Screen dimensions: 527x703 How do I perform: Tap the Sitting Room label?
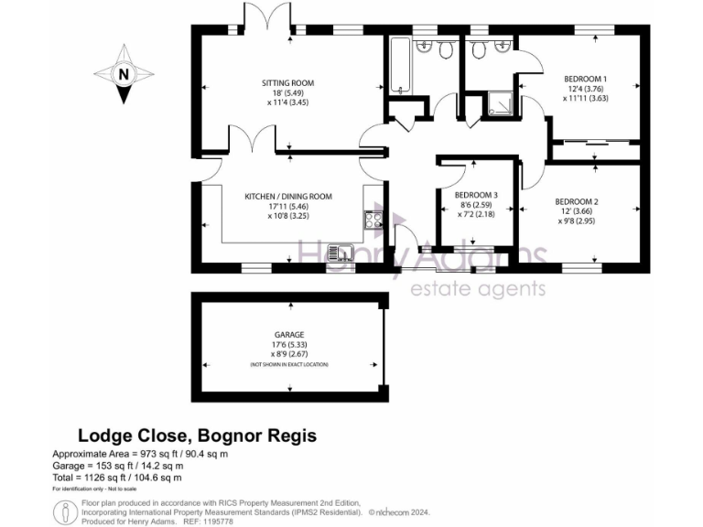[288, 83]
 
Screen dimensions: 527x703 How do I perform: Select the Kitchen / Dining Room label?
[288, 196]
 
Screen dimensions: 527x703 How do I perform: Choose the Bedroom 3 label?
[476, 194]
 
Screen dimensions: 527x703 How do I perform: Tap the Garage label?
[288, 335]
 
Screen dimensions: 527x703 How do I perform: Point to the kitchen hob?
[373, 220]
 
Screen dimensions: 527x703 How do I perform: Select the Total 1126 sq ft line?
[117, 477]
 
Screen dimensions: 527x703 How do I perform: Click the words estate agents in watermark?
[476, 289]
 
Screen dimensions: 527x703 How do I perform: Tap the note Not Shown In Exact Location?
[288, 364]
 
